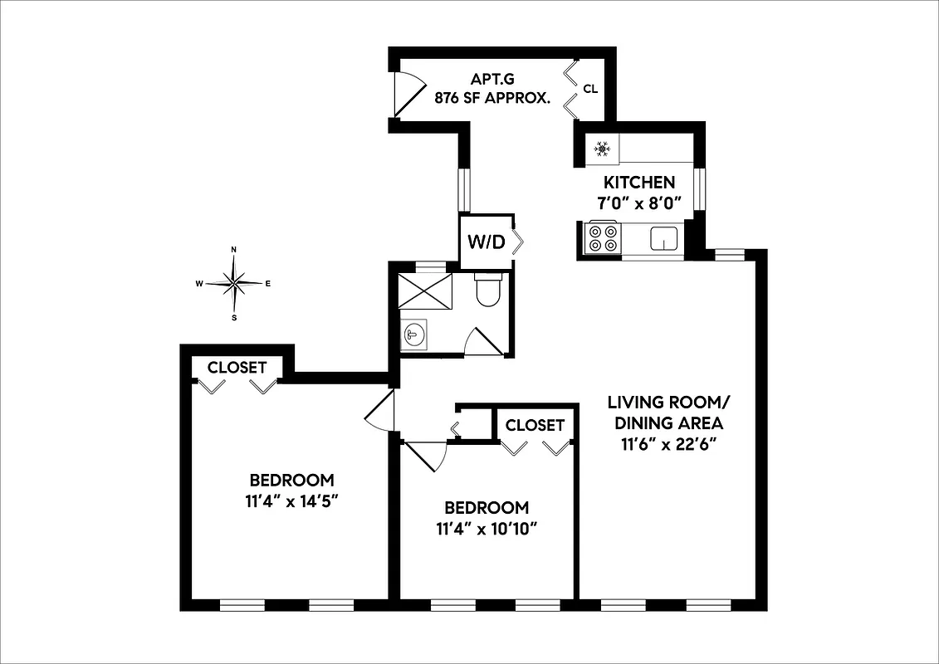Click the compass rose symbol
pyautogui.click(x=234, y=283)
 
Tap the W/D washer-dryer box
pyautogui.click(x=487, y=242)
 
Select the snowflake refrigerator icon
pyautogui.click(x=603, y=149)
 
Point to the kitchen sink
pyautogui.click(x=663, y=238)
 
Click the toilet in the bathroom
pyautogui.click(x=487, y=290)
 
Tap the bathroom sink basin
pyautogui.click(x=413, y=334)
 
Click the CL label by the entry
pyautogui.click(x=590, y=89)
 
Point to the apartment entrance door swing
pyautogui.click(x=408, y=91)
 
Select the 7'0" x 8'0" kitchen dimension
pyautogui.click(x=638, y=202)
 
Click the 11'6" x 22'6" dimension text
pyautogui.click(x=668, y=443)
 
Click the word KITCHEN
pyautogui.click(x=638, y=183)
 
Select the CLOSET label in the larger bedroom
pyautogui.click(x=237, y=367)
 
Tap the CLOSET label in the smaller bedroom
pyautogui.click(x=535, y=425)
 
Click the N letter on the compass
pyautogui.click(x=234, y=250)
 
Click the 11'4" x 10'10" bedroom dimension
pyautogui.click(x=487, y=528)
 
